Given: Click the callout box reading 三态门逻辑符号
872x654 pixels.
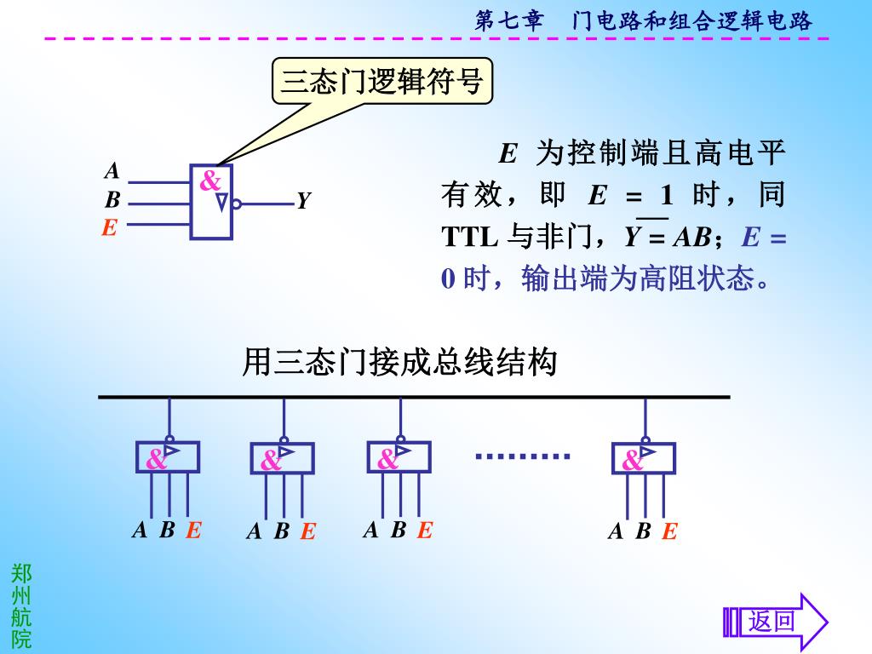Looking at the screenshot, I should pos(382,82).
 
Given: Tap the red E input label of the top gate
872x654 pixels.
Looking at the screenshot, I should pos(109,228).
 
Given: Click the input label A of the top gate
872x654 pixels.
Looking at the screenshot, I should pos(112,171).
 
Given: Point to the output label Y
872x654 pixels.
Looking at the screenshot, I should pos(303,201).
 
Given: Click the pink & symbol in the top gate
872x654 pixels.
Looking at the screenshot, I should pos(209,181).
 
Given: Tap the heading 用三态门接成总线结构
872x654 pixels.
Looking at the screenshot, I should pos(399,363).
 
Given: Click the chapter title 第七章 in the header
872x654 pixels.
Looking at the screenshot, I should pos(508,20).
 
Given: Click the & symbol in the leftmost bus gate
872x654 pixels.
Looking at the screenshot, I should pos(156,460).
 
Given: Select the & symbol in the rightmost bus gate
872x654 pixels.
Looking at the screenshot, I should pos(632,461).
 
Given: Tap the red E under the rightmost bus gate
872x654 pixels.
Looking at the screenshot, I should pos(669,532).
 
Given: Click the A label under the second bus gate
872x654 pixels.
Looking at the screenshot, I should pos(254,532).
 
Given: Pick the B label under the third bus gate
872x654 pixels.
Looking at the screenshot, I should pos(398,530).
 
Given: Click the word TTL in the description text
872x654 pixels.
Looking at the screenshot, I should pos(469,238).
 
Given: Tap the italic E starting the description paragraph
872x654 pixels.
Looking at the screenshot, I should pos(508,153).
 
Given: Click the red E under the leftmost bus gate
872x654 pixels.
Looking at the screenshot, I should pos(193,531).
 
